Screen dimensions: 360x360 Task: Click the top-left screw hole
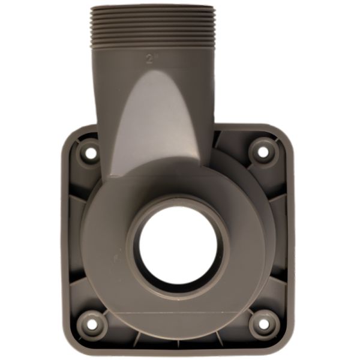(90, 152)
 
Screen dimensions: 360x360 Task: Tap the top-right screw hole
(262, 151)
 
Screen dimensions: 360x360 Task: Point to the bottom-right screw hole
(263, 324)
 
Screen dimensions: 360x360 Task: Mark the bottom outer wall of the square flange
(177, 351)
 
